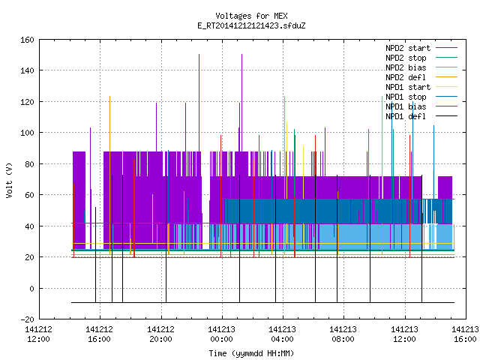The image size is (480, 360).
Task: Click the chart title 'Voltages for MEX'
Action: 251,16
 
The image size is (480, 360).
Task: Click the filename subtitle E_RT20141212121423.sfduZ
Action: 251,25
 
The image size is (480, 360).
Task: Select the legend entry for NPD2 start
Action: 408,48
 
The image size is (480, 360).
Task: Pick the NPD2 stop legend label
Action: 406,58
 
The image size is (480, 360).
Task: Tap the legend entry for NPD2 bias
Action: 406,67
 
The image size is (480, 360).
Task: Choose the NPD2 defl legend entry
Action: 406,77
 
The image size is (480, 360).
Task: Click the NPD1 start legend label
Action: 408,87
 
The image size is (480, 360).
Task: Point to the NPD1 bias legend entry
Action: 406,106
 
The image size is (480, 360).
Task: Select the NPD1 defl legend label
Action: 406,116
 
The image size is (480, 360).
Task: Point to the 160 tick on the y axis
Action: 27,40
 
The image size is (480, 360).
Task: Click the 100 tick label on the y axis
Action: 27,133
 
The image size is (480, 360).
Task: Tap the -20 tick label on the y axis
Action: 27,319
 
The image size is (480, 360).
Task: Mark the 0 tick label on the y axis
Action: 31,288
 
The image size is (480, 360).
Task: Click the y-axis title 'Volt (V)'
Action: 9,180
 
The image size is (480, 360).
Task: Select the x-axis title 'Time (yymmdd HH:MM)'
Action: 251,353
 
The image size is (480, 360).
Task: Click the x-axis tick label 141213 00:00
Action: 222,334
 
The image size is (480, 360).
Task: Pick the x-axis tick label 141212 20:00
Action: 160,334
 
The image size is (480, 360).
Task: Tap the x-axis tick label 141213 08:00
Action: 343,334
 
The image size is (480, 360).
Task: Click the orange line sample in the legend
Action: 446,77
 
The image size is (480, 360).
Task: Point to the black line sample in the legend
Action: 446,116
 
